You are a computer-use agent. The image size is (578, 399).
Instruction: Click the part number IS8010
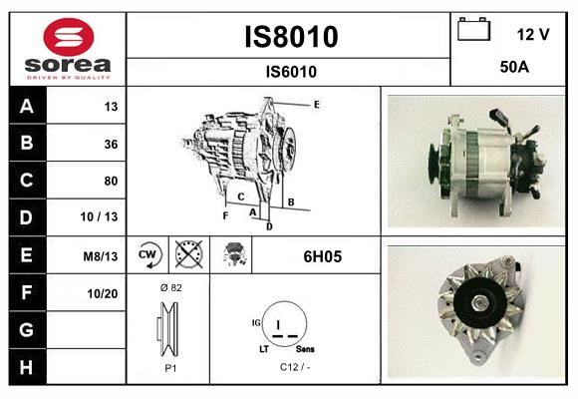coord(291,37)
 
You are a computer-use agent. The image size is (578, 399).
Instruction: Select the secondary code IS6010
coord(291,71)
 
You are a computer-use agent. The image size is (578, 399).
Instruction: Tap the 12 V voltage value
coord(533,34)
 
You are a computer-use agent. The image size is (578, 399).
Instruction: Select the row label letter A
coord(26,107)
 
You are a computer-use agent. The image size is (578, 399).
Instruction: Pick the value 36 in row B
coord(110,144)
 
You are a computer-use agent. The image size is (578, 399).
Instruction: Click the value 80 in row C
coord(110,181)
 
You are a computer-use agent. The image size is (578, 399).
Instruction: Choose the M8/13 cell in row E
coord(102,256)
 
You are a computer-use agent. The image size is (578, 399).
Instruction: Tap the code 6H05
coord(322,256)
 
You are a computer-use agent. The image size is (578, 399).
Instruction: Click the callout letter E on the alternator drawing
coord(316,104)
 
